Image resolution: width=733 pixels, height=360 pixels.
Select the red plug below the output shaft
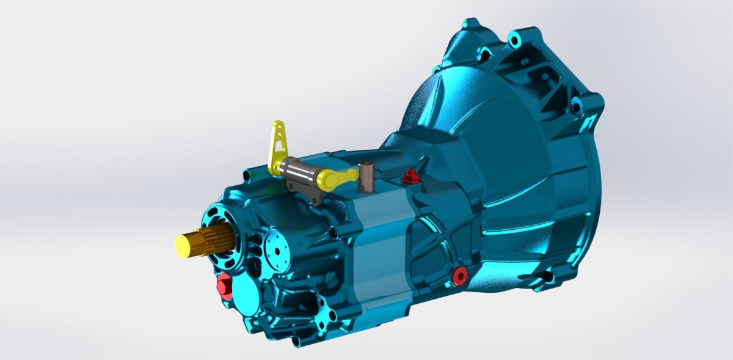(224, 285)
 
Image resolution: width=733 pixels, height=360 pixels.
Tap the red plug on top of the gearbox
(410, 177)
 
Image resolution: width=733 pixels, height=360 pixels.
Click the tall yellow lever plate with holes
(278, 145)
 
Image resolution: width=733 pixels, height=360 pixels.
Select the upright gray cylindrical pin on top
(367, 175)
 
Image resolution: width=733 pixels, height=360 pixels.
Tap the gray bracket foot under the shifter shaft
(315, 198)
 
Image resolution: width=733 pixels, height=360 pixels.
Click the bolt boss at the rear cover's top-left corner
(246, 176)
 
